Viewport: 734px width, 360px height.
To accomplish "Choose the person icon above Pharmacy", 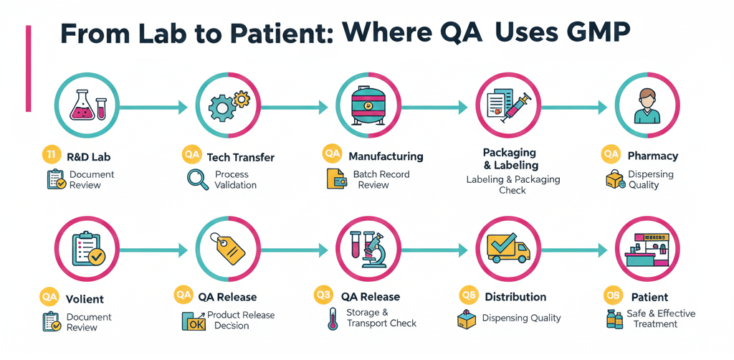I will (x=648, y=107).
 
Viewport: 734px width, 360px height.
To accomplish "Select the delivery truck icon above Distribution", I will (x=508, y=248).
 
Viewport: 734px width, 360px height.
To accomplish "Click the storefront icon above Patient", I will (x=648, y=250).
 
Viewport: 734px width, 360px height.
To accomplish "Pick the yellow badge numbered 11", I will (x=51, y=155).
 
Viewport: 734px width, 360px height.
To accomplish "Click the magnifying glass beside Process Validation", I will (x=197, y=179).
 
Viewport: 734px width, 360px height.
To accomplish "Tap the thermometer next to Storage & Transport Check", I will (x=333, y=318).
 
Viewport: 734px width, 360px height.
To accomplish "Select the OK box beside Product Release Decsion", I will (x=193, y=321).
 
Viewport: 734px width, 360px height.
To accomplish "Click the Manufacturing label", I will (x=386, y=156).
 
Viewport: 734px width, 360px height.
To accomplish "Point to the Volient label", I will (x=85, y=299).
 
